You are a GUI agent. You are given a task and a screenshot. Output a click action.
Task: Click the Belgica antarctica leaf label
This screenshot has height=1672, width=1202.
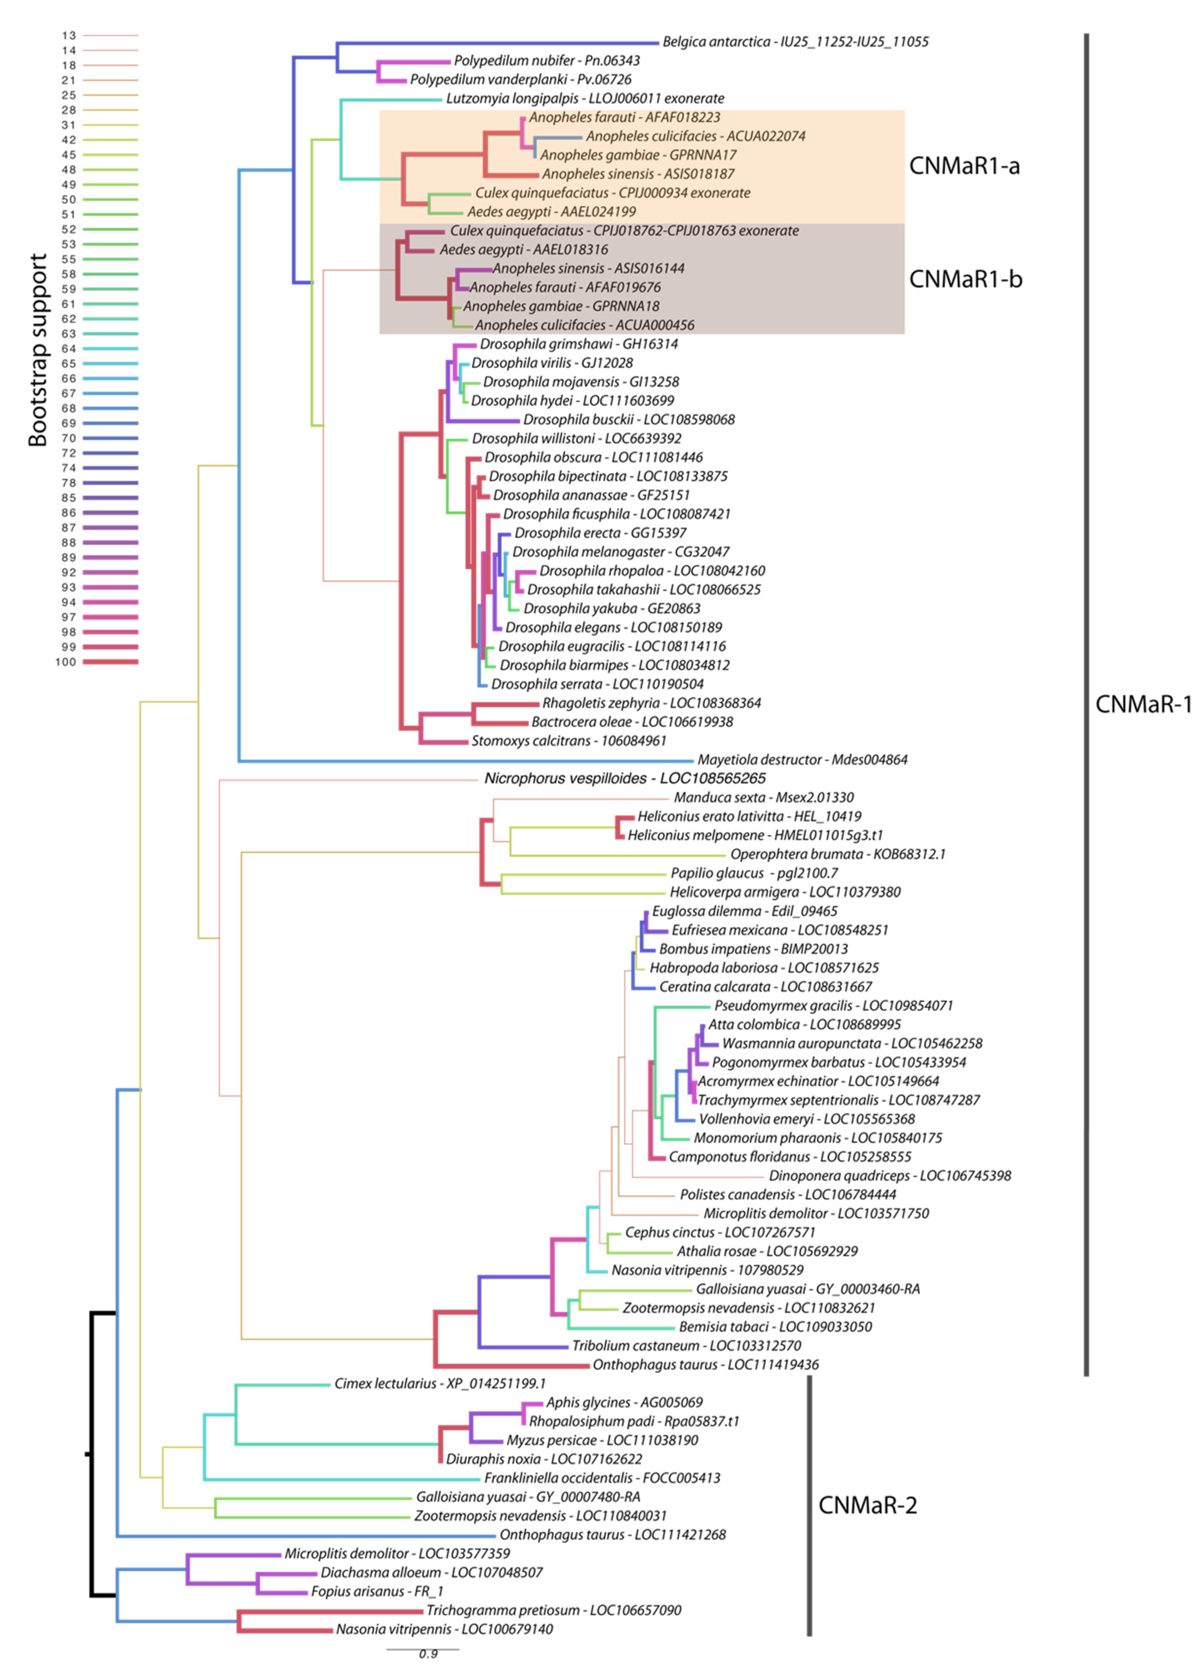pos(795,42)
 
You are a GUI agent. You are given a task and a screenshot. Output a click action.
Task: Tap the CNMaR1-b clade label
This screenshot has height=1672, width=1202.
pos(965,280)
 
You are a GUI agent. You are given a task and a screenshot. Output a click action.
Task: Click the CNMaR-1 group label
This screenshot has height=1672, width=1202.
pos(1143,704)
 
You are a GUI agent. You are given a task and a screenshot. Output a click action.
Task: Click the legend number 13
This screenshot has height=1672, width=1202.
pos(68,35)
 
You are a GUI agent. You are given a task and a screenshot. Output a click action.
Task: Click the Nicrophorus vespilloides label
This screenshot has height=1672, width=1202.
pos(624,779)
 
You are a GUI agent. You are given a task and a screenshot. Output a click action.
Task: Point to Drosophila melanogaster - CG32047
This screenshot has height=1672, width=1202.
pos(621,551)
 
